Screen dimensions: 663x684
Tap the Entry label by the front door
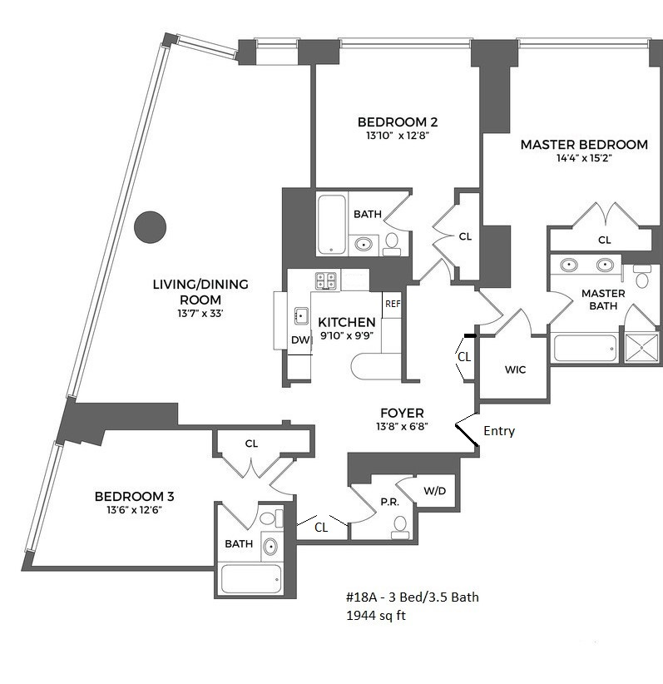(x=499, y=431)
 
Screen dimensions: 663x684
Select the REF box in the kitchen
(x=393, y=304)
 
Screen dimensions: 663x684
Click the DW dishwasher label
(x=299, y=340)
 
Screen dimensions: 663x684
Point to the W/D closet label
(x=434, y=491)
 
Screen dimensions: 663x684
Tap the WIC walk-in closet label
(x=516, y=369)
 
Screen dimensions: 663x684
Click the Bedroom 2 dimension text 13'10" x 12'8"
(x=396, y=135)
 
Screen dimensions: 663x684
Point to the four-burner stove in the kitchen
(x=325, y=280)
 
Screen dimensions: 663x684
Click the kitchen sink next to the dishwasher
(x=299, y=315)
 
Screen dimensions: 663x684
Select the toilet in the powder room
(x=400, y=524)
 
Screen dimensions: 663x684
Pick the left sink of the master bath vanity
(x=569, y=265)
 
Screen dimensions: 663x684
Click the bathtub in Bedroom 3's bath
(x=250, y=578)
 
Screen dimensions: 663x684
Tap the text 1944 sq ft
(x=377, y=617)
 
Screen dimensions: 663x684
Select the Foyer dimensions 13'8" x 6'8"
(x=402, y=427)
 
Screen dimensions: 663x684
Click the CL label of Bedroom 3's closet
(x=251, y=444)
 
